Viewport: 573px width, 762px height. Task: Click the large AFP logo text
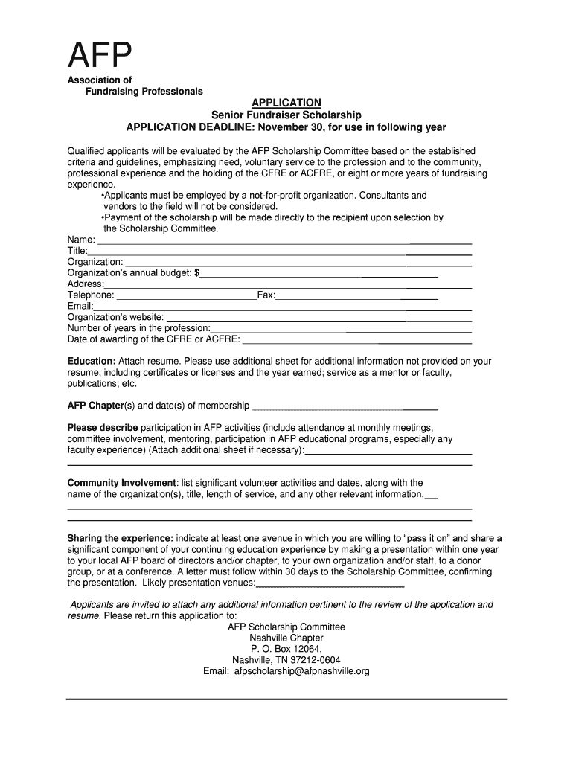pyautogui.click(x=100, y=54)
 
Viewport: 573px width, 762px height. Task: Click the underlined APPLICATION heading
pyautogui.click(x=286, y=103)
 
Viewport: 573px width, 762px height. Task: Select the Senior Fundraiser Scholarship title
pyautogui.click(x=286, y=115)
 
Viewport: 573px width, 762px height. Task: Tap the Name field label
pyautogui.click(x=81, y=240)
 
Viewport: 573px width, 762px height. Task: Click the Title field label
pyautogui.click(x=77, y=251)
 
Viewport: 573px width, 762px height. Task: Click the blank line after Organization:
pyautogui.click(x=298, y=263)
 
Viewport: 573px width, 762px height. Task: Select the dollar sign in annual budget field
pyautogui.click(x=197, y=273)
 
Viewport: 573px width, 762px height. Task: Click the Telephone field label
pyautogui.click(x=91, y=295)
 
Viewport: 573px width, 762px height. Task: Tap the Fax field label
pyautogui.click(x=266, y=295)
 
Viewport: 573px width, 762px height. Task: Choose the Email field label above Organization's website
pyautogui.click(x=80, y=307)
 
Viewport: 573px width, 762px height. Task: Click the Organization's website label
pyautogui.click(x=115, y=317)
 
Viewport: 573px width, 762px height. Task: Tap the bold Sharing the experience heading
pyautogui.click(x=120, y=538)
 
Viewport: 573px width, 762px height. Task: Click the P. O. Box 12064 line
pyautogui.click(x=286, y=649)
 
